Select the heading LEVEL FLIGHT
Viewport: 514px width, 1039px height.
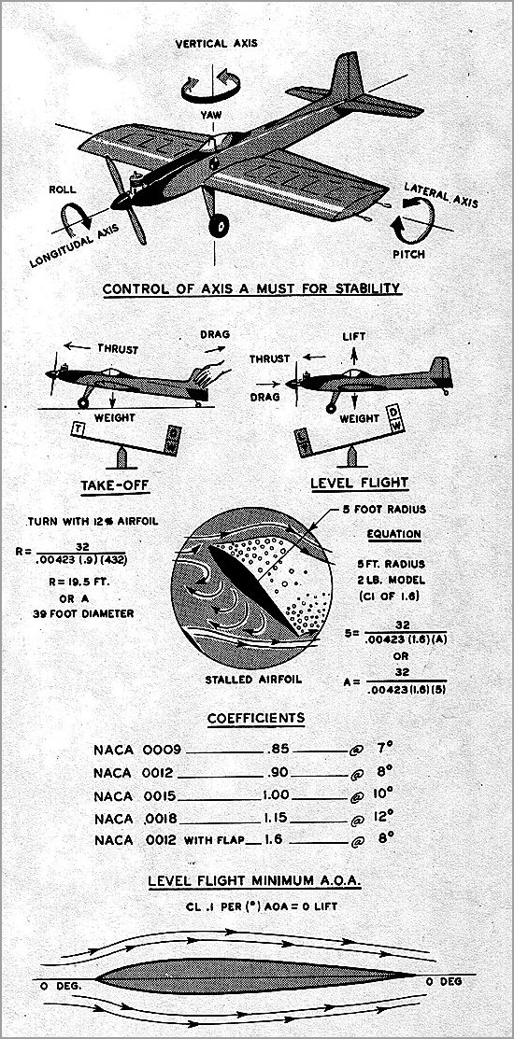360,483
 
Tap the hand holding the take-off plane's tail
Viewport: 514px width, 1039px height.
203,378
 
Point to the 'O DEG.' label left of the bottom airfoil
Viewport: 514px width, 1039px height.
63,984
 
